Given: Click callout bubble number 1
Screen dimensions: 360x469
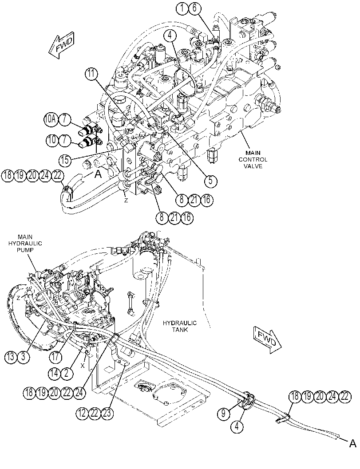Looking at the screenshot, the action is pyautogui.click(x=182, y=8).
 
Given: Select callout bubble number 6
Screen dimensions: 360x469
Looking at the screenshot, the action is pyautogui.click(x=194, y=8).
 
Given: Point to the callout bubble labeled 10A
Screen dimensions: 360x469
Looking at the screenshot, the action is pyautogui.click(x=50, y=120).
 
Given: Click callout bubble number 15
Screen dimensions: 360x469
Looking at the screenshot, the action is pyautogui.click(x=65, y=160).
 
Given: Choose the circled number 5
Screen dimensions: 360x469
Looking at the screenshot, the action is pyautogui.click(x=211, y=180).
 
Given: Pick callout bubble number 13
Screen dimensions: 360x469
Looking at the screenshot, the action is pyautogui.click(x=11, y=357).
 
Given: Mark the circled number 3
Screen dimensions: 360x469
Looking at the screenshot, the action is pyautogui.click(x=24, y=357).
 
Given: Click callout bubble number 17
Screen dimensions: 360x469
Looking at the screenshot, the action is pyautogui.click(x=55, y=357).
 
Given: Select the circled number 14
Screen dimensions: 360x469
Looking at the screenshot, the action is pyautogui.click(x=55, y=373).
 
